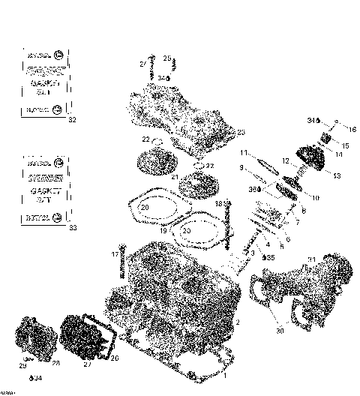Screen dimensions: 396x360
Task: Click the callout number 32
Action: coord(72,120)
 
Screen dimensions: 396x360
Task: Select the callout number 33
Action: coord(72,227)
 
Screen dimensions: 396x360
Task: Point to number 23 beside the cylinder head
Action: coord(241,132)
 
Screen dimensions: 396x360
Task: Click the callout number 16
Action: coord(353,130)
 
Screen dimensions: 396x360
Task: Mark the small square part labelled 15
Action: coord(327,139)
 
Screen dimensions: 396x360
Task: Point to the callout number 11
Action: coord(243,153)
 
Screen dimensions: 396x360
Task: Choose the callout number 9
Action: coord(241,167)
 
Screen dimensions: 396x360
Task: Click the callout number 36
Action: coord(252,190)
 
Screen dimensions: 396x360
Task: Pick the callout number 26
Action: coord(115,358)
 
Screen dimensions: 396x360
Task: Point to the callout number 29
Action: coord(22,365)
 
